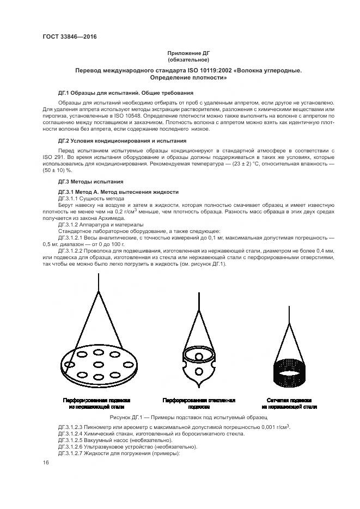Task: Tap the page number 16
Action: tap(46, 462)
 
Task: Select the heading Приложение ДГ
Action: tap(188, 53)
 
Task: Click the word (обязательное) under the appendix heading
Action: tap(188, 60)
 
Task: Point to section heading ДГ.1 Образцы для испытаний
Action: tap(126, 93)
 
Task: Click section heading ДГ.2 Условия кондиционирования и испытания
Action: tap(122, 140)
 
